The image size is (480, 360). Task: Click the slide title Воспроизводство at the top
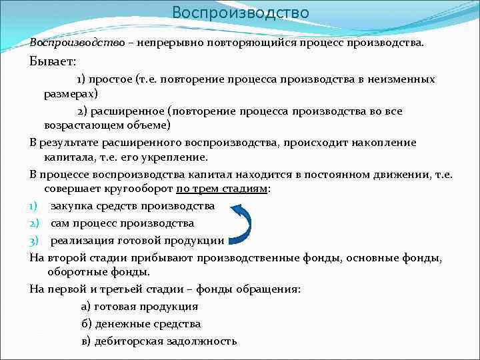[240, 13]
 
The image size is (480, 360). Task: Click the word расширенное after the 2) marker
[130, 111]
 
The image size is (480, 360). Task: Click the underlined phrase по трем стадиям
[221, 189]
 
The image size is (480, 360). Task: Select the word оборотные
[75, 272]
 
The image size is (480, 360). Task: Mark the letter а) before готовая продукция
[85, 307]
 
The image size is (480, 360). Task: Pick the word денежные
[123, 324]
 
